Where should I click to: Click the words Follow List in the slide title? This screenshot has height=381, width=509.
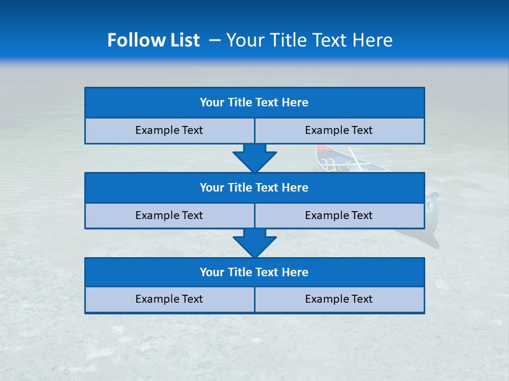point(154,40)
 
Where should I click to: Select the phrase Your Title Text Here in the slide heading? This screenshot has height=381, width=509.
point(309,40)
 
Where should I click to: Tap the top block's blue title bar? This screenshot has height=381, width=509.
point(254,103)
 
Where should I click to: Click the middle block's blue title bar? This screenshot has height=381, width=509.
point(254,187)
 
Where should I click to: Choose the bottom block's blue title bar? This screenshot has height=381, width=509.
point(254,272)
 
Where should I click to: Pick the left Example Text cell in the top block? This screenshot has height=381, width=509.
point(170,131)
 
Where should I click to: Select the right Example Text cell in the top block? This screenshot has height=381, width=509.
point(339,131)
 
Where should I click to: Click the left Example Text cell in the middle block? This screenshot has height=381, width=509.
point(170,215)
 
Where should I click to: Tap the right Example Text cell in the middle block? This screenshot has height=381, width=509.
point(339,215)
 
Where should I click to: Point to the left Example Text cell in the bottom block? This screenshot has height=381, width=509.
point(170,300)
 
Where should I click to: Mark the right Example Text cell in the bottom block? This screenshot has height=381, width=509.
point(339,300)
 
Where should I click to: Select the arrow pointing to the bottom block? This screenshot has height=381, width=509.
point(254,243)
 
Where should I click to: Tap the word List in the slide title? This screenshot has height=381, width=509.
point(182,40)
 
